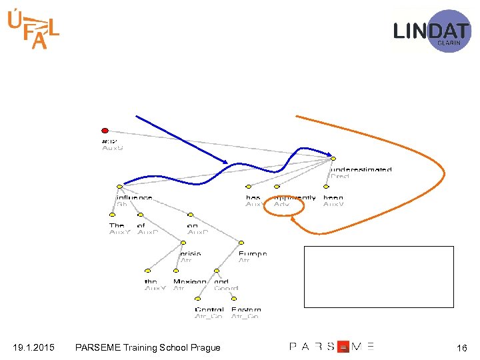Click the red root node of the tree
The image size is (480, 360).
105,130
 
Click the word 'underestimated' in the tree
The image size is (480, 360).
361,170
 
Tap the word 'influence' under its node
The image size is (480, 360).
134,197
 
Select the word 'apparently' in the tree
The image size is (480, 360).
295,197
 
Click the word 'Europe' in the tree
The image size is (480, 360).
253,253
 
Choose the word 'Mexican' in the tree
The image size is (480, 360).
189,281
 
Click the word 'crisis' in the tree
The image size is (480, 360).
191,253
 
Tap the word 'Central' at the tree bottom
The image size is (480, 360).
209,309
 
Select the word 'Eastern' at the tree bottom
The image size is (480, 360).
246,309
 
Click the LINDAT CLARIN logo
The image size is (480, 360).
431,31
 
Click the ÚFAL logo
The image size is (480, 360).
33,30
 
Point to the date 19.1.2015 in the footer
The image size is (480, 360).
33,347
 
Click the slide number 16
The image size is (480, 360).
461,348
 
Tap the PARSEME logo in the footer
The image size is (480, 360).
331,347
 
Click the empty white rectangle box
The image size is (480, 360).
378,276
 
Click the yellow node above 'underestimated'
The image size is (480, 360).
333,159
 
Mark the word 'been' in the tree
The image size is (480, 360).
333,197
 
